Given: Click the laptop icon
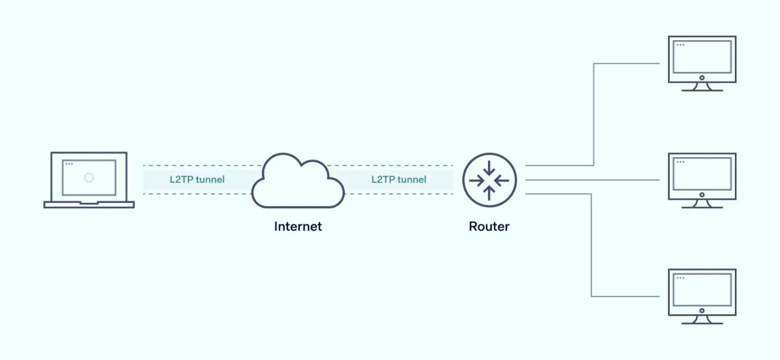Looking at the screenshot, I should click(89, 180).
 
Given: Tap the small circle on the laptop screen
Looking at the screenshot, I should click(89, 178).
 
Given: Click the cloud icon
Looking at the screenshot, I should click(298, 182).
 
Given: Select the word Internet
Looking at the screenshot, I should click(298, 227).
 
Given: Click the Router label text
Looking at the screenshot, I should click(489, 227).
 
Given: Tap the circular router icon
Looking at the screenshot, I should click(489, 180).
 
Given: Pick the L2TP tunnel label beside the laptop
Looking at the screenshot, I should click(197, 180).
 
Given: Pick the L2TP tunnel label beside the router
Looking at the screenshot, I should click(399, 180).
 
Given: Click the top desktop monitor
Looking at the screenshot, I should click(702, 59).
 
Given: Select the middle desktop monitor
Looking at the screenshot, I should click(702, 176).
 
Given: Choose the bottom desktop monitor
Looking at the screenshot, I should click(702, 292).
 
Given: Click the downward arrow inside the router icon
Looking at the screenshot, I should click(489, 169).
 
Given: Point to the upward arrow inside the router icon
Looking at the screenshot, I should click(489, 192).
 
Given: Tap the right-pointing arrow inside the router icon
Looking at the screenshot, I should click(477, 180).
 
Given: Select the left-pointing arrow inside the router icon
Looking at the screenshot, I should click(502, 180).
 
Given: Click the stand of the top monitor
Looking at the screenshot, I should click(702, 87).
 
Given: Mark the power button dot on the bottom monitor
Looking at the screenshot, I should click(702, 311).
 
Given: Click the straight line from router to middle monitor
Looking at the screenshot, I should click(591, 180).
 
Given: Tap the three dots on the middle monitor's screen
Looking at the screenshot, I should click(680, 161).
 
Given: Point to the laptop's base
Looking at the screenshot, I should click(89, 205).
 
